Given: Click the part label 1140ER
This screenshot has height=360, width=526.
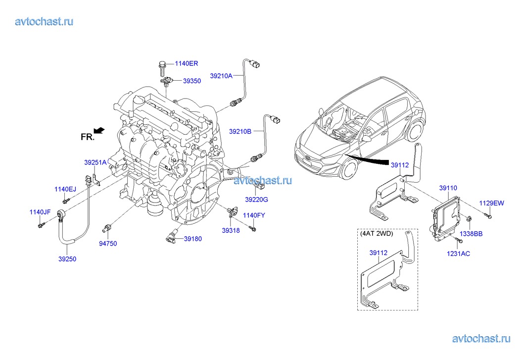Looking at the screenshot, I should coord(186,63).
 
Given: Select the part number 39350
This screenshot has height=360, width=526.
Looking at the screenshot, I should coord(192,81).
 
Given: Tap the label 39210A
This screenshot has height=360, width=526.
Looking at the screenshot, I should coord(221,76).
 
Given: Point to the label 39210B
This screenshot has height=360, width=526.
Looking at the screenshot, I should coord(240,131).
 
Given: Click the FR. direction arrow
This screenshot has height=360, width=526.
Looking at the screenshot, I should coord(99,130).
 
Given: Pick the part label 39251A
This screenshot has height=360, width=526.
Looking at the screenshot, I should coord(95,162).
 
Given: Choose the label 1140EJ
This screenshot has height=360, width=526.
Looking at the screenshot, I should coord(66,189).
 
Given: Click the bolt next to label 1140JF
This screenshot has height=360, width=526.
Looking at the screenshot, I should coord(41,226).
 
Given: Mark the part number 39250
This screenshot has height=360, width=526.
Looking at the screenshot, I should coord(67,258).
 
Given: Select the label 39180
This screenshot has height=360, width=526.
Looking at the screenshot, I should coord(193,239).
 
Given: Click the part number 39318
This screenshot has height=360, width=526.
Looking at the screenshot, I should coord(231,230).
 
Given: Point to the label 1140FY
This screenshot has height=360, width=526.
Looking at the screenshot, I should coord(254,215).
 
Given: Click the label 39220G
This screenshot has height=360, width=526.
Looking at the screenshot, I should coord(256,199).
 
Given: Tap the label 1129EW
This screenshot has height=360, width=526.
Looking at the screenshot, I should coord(491,203).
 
